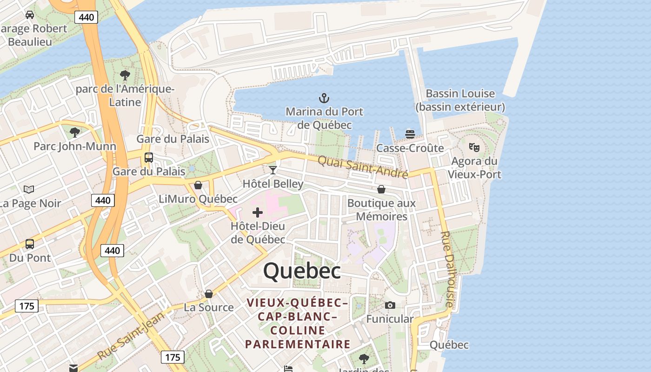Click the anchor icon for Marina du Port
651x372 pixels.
(324, 98)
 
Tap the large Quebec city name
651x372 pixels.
(302, 271)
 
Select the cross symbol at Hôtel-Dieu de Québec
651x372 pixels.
(258, 213)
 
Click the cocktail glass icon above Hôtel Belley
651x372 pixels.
(273, 170)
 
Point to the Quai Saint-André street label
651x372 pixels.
(363, 167)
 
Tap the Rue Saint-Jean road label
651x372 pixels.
(131, 336)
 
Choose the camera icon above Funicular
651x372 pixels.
(390, 306)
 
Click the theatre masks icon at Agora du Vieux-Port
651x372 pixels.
(474, 147)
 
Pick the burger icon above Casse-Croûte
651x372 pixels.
(410, 134)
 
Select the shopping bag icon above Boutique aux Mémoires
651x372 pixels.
(381, 189)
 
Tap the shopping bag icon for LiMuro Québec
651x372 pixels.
(198, 185)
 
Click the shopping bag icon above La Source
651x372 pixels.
(209, 294)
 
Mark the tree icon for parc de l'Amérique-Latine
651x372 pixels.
(125, 75)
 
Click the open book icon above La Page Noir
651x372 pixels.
(29, 189)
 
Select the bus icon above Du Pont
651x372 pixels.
(30, 244)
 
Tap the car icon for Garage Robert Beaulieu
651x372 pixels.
(30, 15)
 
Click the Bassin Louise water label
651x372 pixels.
(460, 100)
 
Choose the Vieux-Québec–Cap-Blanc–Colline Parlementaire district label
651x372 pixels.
(298, 324)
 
